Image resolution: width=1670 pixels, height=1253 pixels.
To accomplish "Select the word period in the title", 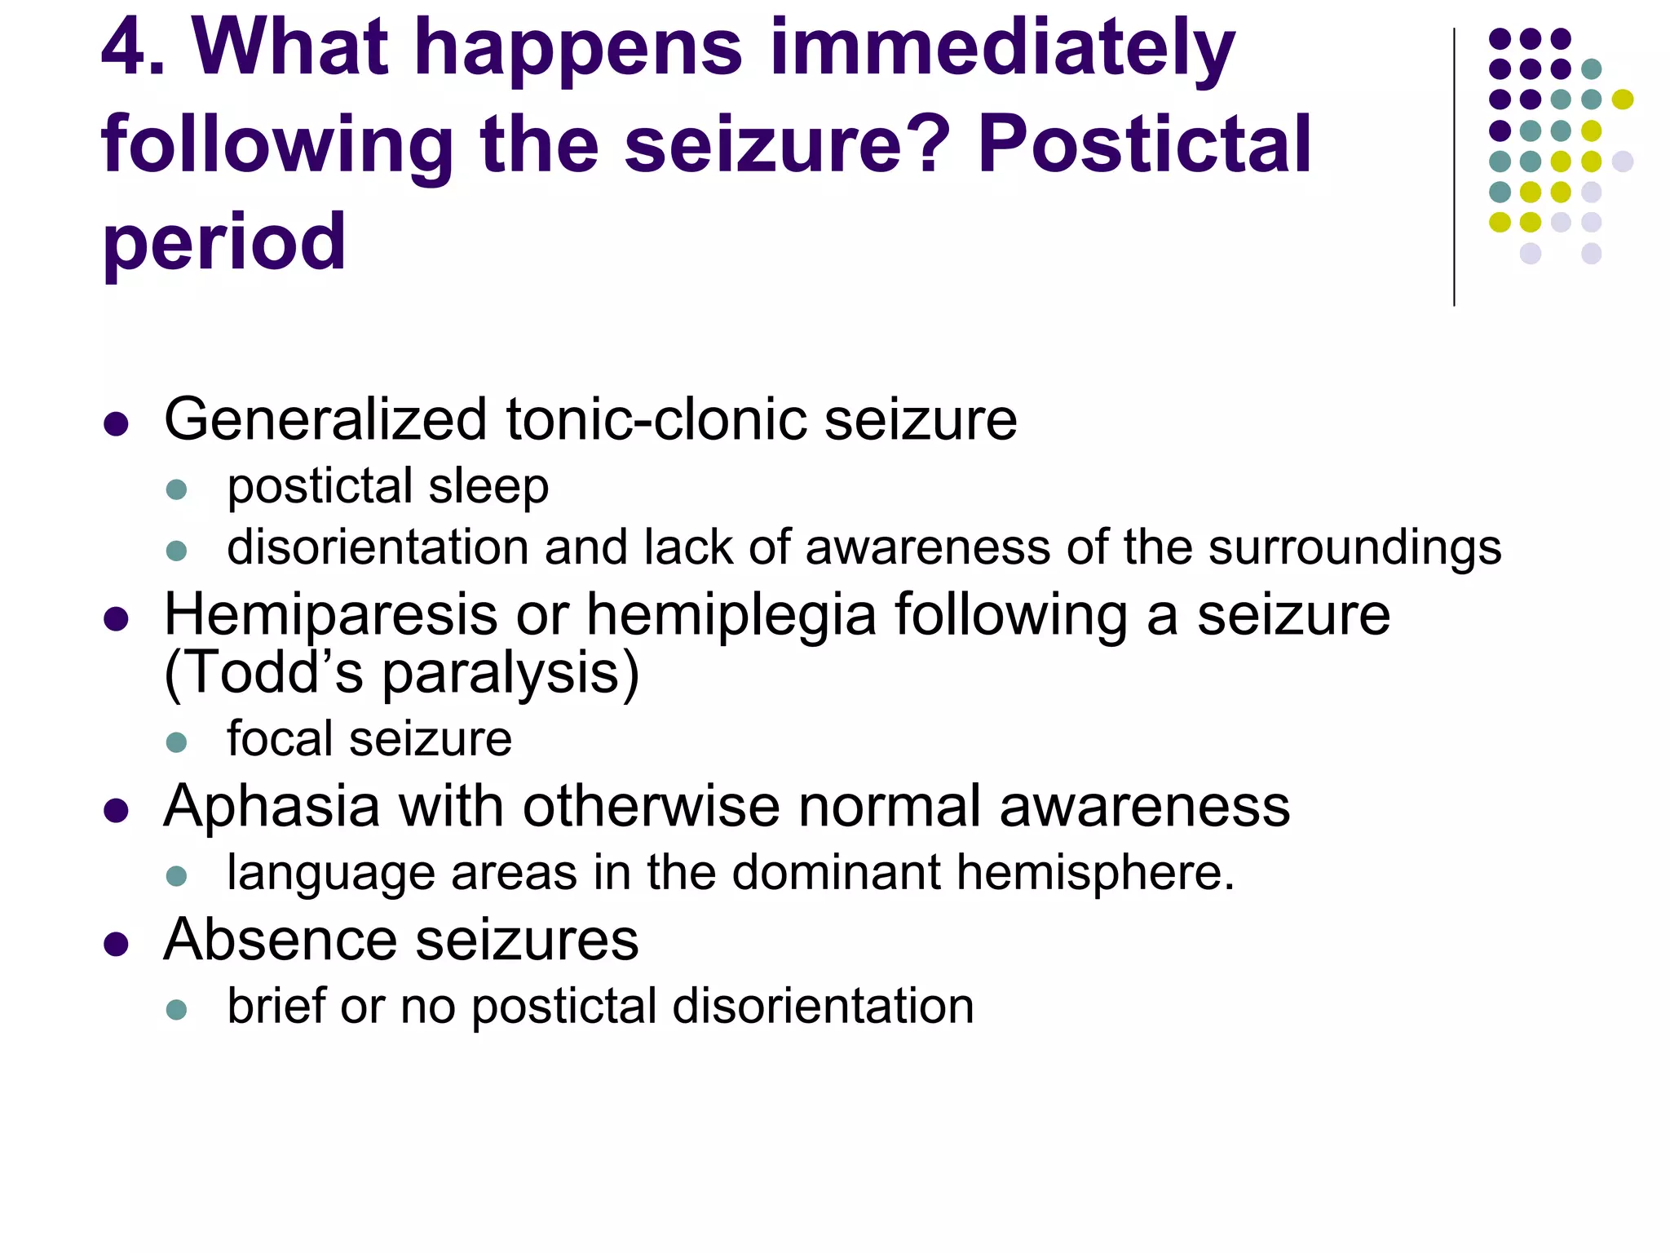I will click(224, 244).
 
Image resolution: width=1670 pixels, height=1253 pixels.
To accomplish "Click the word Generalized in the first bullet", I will click(325, 420).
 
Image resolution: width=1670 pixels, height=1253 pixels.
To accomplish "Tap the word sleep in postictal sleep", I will click(488, 487).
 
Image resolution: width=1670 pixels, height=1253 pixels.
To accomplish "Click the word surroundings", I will click(1354, 547).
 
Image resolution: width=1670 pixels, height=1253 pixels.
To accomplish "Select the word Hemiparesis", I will click(330, 615).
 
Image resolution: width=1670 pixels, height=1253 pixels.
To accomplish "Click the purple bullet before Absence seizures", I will click(117, 945).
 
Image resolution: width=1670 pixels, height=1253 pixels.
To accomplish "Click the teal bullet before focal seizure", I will click(176, 742).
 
